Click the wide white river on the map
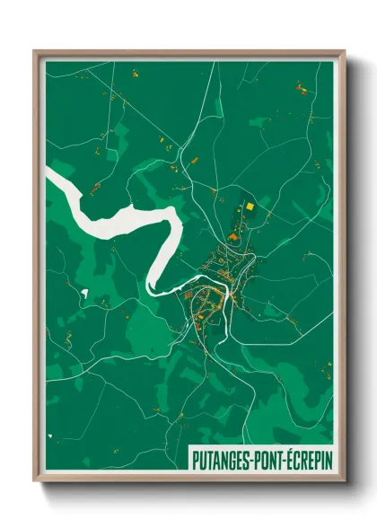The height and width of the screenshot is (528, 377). (x=117, y=216)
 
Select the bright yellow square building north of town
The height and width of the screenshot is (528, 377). (x=250, y=207)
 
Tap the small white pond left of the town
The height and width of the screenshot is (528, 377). (x=84, y=294)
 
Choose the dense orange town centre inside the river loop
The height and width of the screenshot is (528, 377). (x=206, y=301)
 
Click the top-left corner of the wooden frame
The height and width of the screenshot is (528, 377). (x=35, y=52)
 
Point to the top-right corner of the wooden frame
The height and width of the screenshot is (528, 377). (x=344, y=52)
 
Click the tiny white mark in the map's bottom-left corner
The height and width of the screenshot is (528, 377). (x=50, y=439)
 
